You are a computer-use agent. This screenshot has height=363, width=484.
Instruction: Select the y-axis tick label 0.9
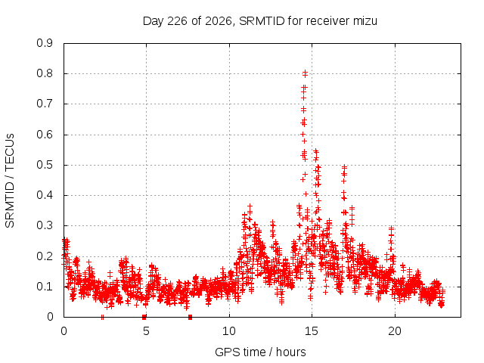[45, 43]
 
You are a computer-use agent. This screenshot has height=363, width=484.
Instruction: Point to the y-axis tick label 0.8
[45, 73]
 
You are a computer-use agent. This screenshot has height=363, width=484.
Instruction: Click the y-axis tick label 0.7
[45, 104]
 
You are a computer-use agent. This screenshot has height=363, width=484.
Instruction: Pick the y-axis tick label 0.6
[45, 135]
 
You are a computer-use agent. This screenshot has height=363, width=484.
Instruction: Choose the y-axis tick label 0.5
[45, 165]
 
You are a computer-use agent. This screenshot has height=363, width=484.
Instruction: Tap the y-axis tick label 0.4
[45, 195]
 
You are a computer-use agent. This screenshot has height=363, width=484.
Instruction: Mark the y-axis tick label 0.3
[45, 225]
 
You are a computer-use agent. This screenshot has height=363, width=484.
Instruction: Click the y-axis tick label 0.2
[45, 256]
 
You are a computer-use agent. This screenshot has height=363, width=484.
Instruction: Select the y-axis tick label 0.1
[45, 287]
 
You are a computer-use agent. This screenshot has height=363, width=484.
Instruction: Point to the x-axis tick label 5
[146, 331]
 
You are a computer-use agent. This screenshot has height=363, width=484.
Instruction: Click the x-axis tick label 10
[229, 331]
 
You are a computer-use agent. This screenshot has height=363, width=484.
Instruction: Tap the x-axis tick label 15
[312, 331]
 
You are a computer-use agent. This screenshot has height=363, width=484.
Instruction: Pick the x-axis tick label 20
[395, 331]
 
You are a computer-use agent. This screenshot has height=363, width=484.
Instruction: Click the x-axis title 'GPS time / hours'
[260, 352]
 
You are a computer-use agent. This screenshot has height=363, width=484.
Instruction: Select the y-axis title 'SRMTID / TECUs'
[10, 181]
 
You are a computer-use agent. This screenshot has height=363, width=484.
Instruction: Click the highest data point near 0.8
[306, 73]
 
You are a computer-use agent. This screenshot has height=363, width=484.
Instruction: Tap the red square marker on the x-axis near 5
[144, 317]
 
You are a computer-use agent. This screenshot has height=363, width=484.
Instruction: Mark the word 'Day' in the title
[153, 21]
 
